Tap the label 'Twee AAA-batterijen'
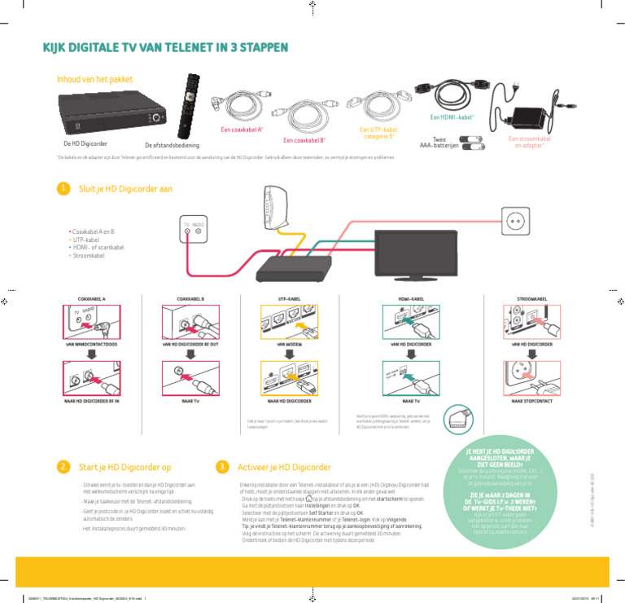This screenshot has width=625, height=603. pos(439,143)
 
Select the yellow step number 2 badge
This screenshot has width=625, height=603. pos(63,467)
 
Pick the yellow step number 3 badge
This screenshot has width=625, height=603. pos(221,467)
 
